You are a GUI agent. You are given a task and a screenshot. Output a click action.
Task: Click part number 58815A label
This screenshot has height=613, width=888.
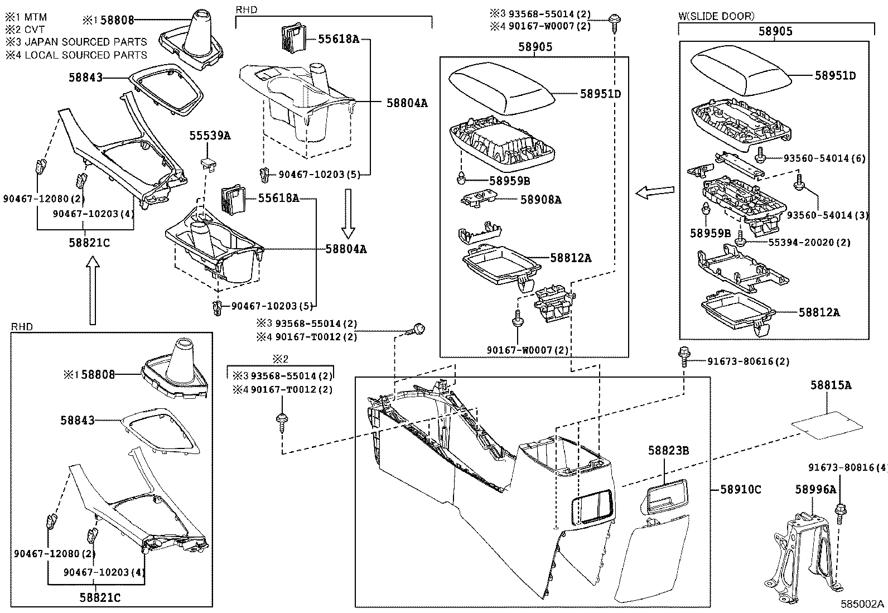[831, 385]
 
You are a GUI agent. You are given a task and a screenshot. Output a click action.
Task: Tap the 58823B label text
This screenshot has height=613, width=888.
[668, 450]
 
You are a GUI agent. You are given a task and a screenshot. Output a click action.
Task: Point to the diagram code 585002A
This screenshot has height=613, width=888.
[862, 604]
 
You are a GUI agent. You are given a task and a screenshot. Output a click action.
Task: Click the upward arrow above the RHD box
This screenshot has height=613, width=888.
[93, 294]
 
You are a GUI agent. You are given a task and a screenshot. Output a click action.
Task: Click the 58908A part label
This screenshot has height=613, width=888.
[540, 200]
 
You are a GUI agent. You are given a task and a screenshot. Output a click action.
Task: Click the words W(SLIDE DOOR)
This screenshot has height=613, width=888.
[716, 16]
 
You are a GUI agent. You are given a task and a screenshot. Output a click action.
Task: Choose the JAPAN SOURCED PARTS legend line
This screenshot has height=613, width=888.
[76, 42]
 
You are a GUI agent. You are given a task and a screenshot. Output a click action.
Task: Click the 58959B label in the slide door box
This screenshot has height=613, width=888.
[710, 233]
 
